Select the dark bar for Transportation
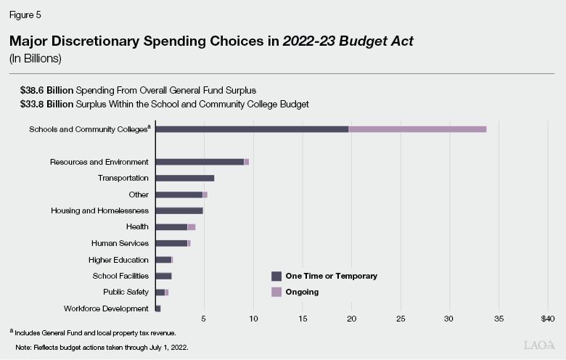coord(185,178)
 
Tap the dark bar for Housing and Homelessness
coord(179,210)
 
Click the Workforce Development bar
coord(158,308)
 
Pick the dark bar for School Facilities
coord(163,276)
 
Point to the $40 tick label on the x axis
coord(547,319)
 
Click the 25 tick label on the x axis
coord(401,319)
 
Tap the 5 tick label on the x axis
coord(204,319)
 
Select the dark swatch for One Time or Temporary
coord(276,276)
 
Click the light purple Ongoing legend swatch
coord(276,292)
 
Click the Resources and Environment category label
coord(99,162)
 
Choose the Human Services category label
coord(120,243)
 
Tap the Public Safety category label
coord(126,292)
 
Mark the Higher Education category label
coord(118,260)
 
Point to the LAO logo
coord(540,345)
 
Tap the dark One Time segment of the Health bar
coord(171,227)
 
